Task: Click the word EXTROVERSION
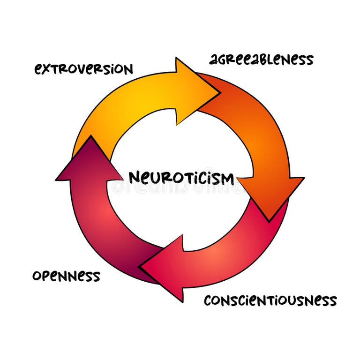pos(83,69)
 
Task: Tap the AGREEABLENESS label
pos(261,60)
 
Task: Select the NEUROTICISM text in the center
pos(181,178)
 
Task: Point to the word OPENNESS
pos(66,276)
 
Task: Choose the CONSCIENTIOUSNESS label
pos(270,300)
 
